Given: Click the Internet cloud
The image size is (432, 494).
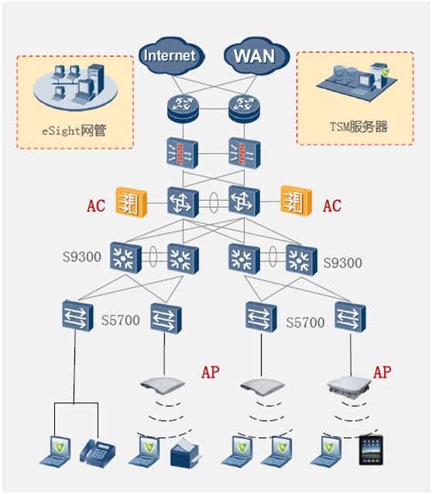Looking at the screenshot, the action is coord(171,57).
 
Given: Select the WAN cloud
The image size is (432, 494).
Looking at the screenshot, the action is coord(255,57).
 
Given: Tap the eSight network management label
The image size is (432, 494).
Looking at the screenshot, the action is coord(74,130).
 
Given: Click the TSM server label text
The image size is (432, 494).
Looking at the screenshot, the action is coord(358,126).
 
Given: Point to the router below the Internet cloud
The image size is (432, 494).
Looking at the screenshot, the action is coord(183,108).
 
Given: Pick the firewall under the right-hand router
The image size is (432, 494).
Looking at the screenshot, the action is coord(245,153).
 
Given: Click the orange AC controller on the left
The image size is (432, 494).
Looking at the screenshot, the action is coord(132,202).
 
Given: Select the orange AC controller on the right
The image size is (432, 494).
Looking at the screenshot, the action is coord(296,201).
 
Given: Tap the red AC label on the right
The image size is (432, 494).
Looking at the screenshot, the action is coord(332,206).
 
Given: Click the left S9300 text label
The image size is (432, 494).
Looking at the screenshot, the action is coord(82,257).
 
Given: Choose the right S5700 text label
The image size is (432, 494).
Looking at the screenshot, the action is coord(305,323).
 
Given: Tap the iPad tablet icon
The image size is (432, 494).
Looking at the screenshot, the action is coord(372,451).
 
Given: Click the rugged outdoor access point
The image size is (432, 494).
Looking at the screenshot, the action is coord(348,385).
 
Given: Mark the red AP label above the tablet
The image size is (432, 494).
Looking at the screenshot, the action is coord(382,372).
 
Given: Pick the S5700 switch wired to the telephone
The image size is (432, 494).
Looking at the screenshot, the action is coord(77,316).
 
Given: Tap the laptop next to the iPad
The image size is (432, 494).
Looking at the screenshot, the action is coord(327,451).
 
